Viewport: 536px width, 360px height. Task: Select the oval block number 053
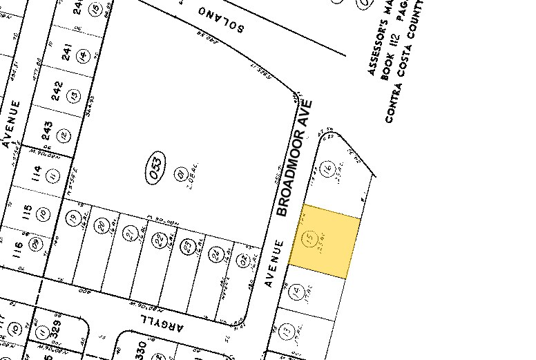pos(155,169)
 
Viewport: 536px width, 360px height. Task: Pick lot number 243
pos(48,128)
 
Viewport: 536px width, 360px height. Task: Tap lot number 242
pos(57,91)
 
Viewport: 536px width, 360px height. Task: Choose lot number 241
pos(67,54)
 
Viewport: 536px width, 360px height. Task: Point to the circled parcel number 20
pos(102,225)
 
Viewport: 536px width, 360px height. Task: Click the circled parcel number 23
pos(186,246)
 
